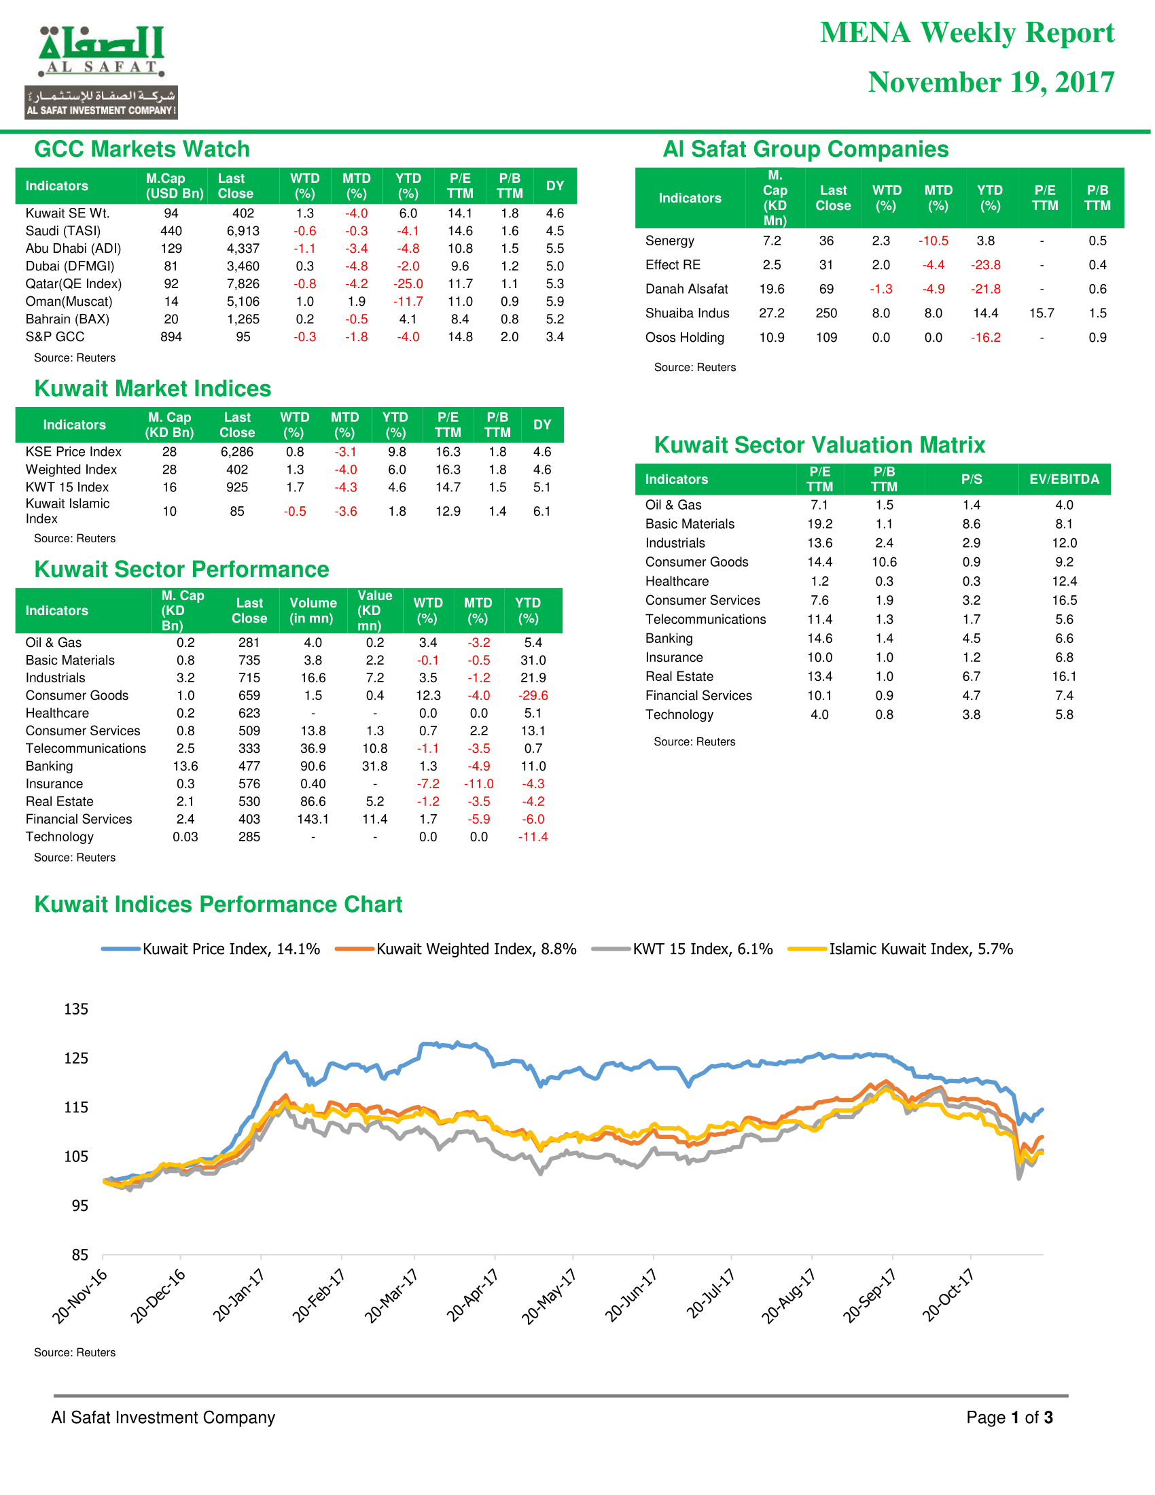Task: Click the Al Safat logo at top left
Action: click(101, 72)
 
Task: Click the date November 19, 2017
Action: click(991, 82)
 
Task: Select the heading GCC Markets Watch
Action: click(141, 149)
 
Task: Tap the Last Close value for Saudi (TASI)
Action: click(243, 231)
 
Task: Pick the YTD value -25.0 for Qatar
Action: click(408, 284)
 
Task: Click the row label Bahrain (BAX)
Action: click(67, 319)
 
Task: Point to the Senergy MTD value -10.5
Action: click(934, 241)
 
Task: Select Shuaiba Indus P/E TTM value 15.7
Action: click(1042, 313)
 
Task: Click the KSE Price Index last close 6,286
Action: click(236, 452)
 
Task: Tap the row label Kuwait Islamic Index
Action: click(67, 511)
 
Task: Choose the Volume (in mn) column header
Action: click(313, 611)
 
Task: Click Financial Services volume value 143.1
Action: click(313, 820)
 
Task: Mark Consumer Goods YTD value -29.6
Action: click(533, 695)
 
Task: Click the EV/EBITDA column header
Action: click(1064, 479)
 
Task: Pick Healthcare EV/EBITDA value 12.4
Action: click(1064, 581)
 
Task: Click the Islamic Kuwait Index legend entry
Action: click(900, 949)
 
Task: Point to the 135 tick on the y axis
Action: click(76, 1009)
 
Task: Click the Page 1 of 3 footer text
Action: click(1009, 1418)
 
